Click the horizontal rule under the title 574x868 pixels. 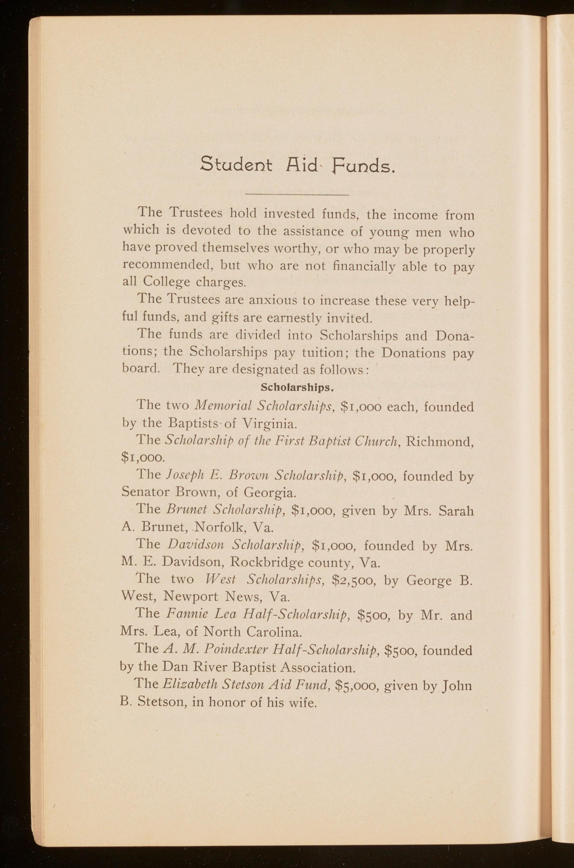coord(297,195)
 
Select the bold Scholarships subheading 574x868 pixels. coord(296,387)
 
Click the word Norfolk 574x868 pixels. coord(217,527)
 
